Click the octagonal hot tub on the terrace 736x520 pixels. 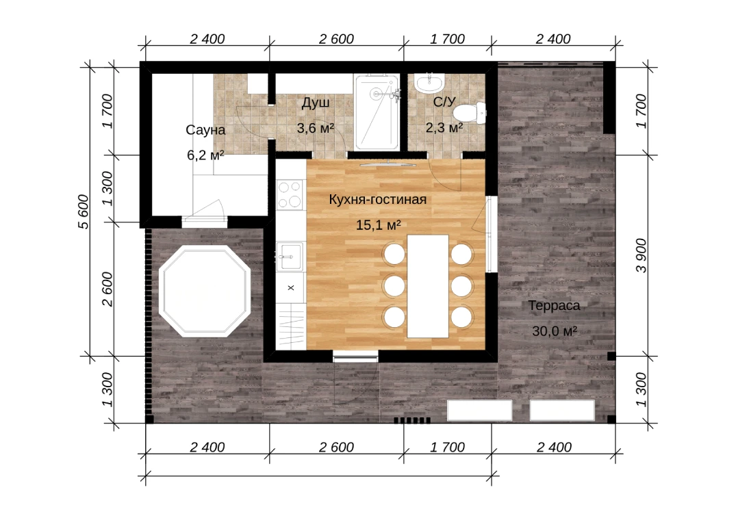pyautogui.click(x=204, y=291)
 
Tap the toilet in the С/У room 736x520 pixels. pyautogui.click(x=469, y=113)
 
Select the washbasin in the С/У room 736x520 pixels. pyautogui.click(x=429, y=83)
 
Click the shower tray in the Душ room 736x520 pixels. pyautogui.click(x=377, y=112)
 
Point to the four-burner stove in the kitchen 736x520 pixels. pyautogui.click(x=290, y=194)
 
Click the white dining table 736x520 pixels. pyautogui.click(x=428, y=286)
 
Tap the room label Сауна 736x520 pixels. pyautogui.click(x=205, y=130)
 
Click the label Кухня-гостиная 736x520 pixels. pyautogui.click(x=377, y=199)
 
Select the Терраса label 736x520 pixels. pyautogui.click(x=555, y=306)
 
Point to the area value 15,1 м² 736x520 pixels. pyautogui.click(x=379, y=225)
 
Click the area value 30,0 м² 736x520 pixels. pyautogui.click(x=555, y=331)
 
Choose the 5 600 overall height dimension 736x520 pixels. pyautogui.click(x=83, y=211)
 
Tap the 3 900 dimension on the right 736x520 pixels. pyautogui.click(x=641, y=255)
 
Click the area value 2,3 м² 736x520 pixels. pyautogui.click(x=444, y=127)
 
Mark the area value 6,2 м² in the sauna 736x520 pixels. pyautogui.click(x=205, y=155)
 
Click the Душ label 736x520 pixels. pyautogui.click(x=316, y=103)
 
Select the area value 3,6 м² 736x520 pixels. pyautogui.click(x=316, y=127)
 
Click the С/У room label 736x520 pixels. pyautogui.click(x=444, y=102)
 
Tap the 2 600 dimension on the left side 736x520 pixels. pyautogui.click(x=107, y=289)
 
